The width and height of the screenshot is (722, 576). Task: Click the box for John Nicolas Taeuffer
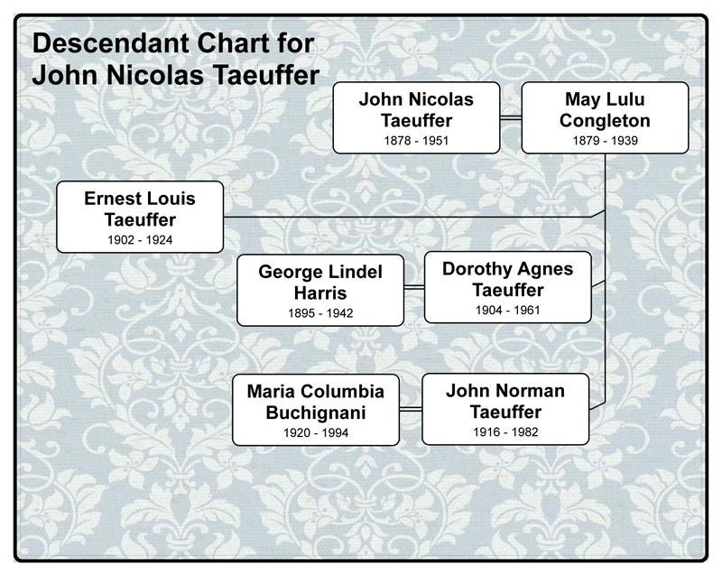click(416, 117)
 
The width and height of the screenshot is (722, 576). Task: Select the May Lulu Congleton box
click(605, 117)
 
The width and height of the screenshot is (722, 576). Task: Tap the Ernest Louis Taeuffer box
click(140, 217)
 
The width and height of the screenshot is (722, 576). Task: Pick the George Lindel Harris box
click(320, 290)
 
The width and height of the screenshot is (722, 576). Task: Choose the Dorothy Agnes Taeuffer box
click(508, 287)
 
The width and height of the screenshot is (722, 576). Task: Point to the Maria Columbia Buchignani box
click(316, 410)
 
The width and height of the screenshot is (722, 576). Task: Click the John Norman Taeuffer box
click(505, 409)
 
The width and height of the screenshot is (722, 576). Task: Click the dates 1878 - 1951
click(416, 141)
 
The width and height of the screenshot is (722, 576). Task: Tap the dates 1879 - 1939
click(605, 141)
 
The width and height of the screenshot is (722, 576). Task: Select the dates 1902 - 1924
click(140, 240)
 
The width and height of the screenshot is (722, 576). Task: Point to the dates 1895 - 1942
click(320, 313)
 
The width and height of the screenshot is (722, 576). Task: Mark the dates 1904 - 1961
click(508, 311)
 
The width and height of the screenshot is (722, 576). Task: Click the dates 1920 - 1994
click(316, 433)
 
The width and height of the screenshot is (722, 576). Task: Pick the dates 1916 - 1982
click(505, 432)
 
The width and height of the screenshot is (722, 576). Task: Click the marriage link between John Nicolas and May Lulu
click(511, 117)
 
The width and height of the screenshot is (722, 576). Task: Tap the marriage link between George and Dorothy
click(414, 288)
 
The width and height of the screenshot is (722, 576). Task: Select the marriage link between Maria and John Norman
click(411, 410)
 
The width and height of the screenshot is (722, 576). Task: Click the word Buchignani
click(316, 413)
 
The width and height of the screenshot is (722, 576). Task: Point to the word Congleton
click(605, 120)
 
